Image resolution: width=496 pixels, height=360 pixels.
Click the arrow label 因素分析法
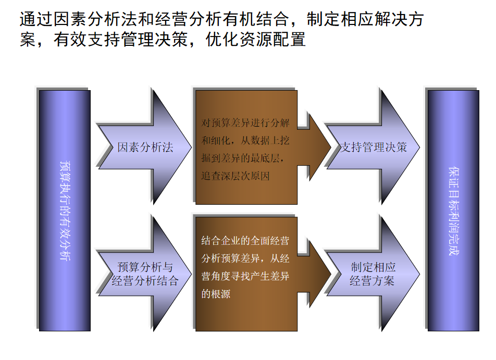[145, 147]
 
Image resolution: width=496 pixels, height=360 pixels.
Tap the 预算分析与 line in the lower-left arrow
[145, 268]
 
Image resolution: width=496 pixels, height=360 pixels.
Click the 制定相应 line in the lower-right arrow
[373, 268]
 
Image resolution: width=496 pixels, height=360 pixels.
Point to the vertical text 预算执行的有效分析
[65, 211]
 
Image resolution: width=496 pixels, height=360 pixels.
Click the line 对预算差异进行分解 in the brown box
[245, 123]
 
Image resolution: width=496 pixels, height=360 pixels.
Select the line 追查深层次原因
[235, 176]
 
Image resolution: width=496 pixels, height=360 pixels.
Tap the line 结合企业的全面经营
[245, 241]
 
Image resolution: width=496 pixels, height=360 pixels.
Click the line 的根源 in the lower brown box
[216, 294]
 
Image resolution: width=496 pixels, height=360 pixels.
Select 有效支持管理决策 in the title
[119, 40]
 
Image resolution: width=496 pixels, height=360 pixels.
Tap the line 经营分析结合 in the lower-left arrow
[145, 281]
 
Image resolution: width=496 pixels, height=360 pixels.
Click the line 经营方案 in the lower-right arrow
[373, 281]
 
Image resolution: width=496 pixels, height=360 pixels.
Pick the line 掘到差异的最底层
[243, 158]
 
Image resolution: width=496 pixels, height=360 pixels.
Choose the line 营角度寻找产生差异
[245, 276]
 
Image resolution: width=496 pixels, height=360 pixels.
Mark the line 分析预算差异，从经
[245, 258]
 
